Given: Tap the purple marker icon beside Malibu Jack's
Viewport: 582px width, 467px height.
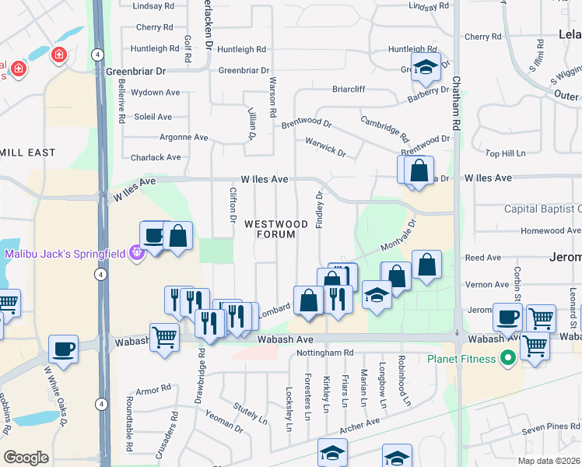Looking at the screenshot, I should (137, 253).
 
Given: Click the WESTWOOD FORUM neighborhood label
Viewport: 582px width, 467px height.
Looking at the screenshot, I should (271, 229).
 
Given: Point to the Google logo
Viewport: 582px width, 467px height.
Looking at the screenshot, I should (26, 457).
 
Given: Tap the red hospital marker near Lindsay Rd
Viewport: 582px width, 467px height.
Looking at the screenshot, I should (58, 55).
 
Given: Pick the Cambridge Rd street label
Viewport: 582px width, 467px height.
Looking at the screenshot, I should (384, 127).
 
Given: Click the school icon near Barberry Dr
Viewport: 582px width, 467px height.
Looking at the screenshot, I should (426, 68).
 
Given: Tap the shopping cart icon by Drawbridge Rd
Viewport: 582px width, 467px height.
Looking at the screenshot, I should (165, 337).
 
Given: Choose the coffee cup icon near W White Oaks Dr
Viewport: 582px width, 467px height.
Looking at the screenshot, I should (63, 348).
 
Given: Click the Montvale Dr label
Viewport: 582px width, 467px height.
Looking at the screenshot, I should (399, 234).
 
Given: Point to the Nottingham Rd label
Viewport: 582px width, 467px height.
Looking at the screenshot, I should (325, 353).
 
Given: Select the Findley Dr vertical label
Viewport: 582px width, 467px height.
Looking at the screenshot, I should (320, 209).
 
